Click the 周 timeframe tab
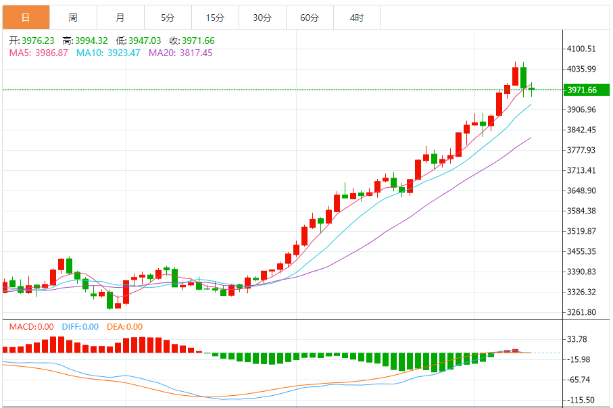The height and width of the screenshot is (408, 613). click(73, 18)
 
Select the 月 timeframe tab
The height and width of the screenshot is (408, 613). click(120, 18)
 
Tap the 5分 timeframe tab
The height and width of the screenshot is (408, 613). click(168, 18)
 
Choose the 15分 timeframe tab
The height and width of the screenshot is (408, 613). click(215, 18)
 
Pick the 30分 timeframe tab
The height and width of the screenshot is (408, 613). click(262, 18)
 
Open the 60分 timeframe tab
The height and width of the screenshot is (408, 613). click(310, 18)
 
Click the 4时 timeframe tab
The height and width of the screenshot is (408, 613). click(357, 18)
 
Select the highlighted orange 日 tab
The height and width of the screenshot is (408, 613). click(26, 18)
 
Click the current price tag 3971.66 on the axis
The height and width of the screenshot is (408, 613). click(581, 90)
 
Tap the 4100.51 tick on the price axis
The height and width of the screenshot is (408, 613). click(581, 49)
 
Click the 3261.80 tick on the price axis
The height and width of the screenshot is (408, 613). click(581, 312)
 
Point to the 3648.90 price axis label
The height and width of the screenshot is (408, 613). click(581, 190)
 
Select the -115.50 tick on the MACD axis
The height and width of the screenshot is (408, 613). click(581, 400)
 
